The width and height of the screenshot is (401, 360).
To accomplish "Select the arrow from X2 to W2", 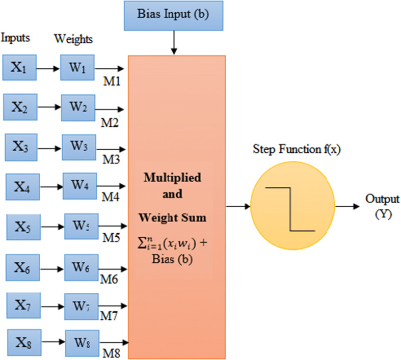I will pos(50,107).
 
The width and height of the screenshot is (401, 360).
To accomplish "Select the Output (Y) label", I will pos(382,206).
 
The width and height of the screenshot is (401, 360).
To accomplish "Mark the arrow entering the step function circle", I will pos(238,206).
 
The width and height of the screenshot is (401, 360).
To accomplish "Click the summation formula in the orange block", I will pos(175,245).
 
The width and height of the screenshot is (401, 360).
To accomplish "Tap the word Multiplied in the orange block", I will pos(175,179).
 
